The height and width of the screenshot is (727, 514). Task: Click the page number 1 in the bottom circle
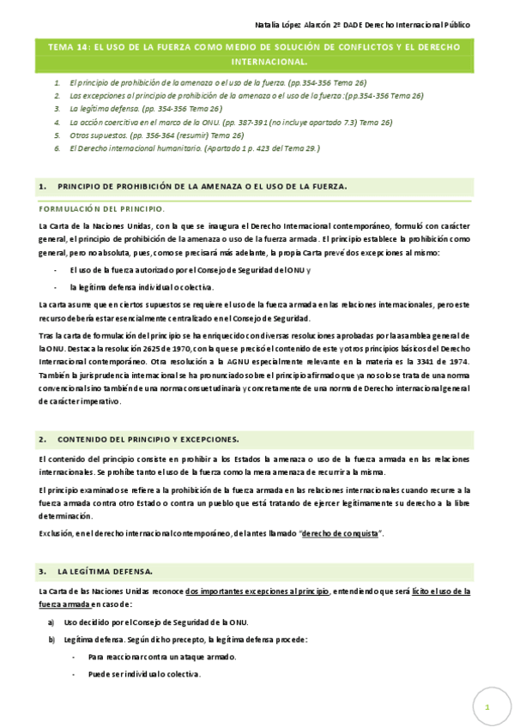point(487,706)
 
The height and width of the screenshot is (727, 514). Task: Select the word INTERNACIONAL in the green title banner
point(269,63)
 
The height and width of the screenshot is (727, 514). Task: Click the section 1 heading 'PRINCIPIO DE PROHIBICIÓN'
point(202,186)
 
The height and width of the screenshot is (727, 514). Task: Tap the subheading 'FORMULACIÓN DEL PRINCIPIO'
point(102,209)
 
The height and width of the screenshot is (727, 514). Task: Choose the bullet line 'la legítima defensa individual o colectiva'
point(142,287)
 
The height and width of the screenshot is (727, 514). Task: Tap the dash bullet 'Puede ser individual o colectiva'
point(144,674)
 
